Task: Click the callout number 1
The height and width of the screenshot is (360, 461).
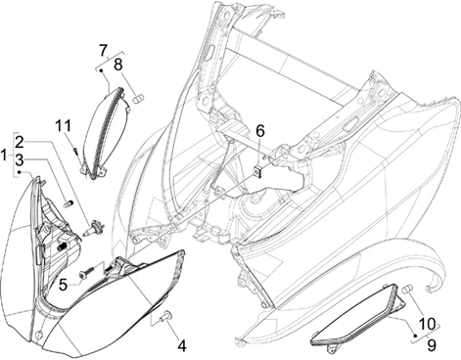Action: pos(4,156)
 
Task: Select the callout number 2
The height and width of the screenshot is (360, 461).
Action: pos(20,142)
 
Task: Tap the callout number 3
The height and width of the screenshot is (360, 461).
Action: pos(20,160)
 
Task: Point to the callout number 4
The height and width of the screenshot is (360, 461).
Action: pos(182,346)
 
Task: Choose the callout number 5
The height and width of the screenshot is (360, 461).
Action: pos(63,285)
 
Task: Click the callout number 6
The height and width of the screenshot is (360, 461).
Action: pos(260,131)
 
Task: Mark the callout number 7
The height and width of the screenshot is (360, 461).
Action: pos(104,50)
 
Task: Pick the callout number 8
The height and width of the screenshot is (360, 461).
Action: pos(117,65)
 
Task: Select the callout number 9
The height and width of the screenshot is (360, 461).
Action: pos(431,345)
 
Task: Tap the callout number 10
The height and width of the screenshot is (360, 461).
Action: pos(427,324)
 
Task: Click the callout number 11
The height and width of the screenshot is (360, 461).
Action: pos(63,126)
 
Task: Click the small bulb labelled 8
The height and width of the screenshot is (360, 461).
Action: pos(138,98)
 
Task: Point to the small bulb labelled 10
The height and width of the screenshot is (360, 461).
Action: pos(408,289)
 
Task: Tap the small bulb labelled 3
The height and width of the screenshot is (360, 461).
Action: pos(68,203)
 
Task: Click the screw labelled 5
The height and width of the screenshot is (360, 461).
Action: pos(86,273)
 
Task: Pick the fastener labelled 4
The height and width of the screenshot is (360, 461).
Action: pos(167,316)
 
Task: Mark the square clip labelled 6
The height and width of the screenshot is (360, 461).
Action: pos(258,171)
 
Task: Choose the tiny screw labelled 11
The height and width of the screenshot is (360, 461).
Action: pos(75,150)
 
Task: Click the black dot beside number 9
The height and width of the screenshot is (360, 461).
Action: pos(415,336)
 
